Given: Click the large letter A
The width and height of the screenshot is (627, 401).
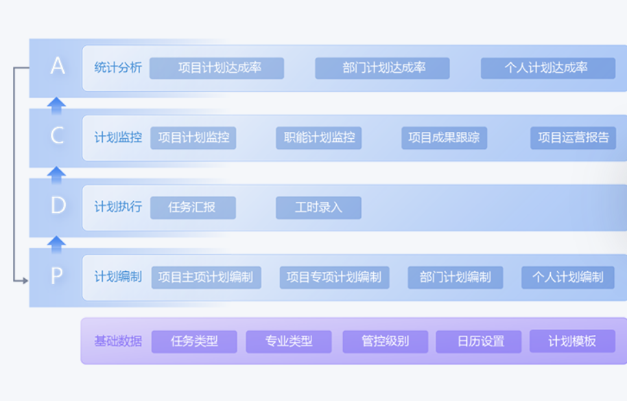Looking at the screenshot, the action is [58, 66].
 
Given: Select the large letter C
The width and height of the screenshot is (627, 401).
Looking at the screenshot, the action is [57, 135].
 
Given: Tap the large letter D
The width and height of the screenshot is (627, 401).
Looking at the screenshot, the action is [58, 205].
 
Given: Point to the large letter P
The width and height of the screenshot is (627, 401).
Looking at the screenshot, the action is [57, 275].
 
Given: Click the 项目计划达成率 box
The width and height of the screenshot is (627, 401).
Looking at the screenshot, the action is [217, 68].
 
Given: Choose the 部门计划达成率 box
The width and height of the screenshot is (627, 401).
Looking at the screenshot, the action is [382, 68].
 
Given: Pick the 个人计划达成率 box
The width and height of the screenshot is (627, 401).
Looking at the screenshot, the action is [548, 68].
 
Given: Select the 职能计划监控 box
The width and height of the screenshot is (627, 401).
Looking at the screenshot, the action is [319, 138].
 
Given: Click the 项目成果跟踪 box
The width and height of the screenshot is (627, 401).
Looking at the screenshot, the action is [445, 138].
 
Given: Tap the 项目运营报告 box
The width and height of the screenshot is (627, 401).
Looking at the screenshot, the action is [573, 138].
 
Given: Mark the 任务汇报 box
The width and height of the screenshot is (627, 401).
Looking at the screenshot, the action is [193, 207].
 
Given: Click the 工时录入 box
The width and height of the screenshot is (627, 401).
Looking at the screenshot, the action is [319, 207].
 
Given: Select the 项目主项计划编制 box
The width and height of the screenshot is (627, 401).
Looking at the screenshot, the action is [206, 277].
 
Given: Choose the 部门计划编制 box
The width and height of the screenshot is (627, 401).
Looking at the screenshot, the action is [456, 277].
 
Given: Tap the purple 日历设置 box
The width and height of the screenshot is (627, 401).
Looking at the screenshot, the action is [479, 341].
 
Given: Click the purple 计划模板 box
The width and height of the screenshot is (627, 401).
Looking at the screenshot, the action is [573, 341].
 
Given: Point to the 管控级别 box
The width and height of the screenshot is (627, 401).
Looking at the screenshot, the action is [386, 341].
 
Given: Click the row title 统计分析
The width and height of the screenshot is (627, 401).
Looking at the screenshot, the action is [118, 67].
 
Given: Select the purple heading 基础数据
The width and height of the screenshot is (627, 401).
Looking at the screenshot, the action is [118, 341].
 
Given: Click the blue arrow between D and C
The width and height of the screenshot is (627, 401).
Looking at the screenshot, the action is [56, 175].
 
